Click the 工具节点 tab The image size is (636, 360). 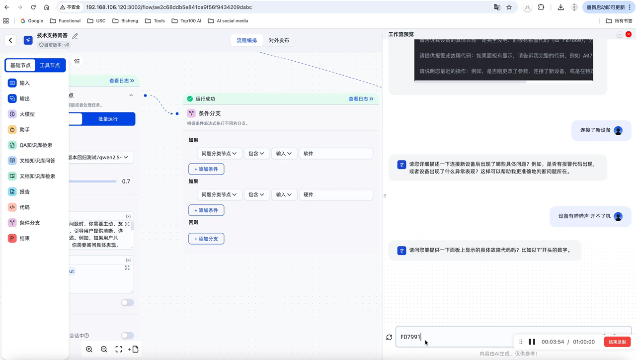pyautogui.click(x=50, y=65)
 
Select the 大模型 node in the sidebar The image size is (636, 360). pyautogui.click(x=27, y=114)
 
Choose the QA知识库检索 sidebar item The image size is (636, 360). pyautogui.click(x=35, y=145)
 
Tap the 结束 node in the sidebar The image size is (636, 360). pyautogui.click(x=24, y=238)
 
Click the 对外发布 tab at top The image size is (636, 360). pyautogui.click(x=279, y=40)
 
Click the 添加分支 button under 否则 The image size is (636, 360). pyautogui.click(x=206, y=239)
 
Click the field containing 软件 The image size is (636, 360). pyautogui.click(x=336, y=154)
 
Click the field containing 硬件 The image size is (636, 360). pyautogui.click(x=336, y=194)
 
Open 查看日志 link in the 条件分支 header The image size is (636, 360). pyautogui.click(x=361, y=99)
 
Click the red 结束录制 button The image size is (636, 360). pyautogui.click(x=617, y=342)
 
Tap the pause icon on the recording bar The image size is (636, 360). pyautogui.click(x=532, y=342)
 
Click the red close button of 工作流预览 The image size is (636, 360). pyautogui.click(x=629, y=34)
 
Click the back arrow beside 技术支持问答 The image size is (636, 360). pyautogui.click(x=11, y=40)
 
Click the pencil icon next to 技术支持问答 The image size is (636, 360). pyautogui.click(x=75, y=36)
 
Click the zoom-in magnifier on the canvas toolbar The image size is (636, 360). pyautogui.click(x=89, y=349)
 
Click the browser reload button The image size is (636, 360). pyautogui.click(x=33, y=7)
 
